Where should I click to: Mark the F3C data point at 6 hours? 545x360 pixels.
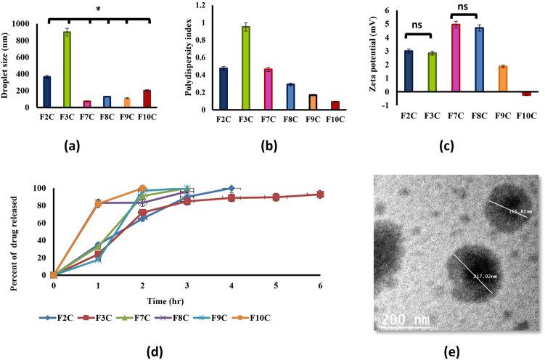[320, 195]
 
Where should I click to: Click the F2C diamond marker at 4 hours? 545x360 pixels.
[231, 188]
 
